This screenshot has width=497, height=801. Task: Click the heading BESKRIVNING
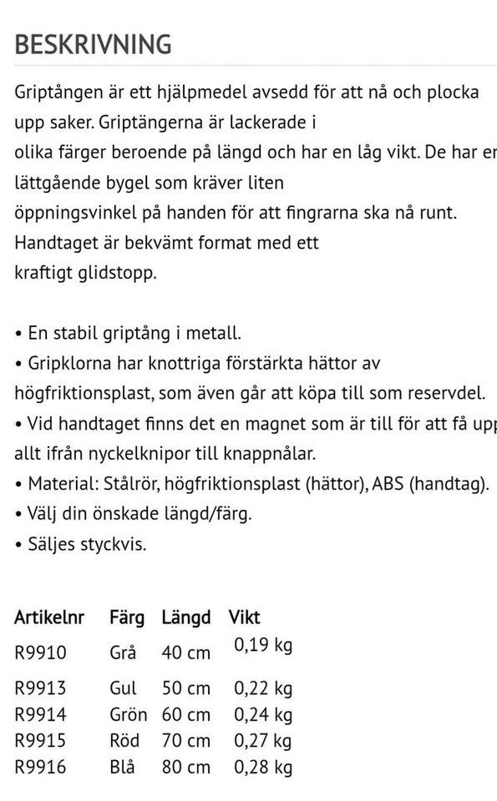pos(93,43)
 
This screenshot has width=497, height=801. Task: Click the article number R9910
pos(40,652)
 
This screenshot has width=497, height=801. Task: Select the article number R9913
pos(40,689)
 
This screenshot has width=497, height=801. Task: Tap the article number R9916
pos(40,766)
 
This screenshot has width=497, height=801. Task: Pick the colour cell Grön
pos(128,715)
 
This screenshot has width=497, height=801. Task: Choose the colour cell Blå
pos(123,766)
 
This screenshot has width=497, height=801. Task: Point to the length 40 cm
pos(185,652)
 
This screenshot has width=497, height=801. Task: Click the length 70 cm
pos(185,741)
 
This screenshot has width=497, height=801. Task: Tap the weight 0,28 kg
pos(263,766)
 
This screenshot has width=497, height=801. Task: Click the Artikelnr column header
pos(49,618)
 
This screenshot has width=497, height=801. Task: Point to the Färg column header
pos(127,618)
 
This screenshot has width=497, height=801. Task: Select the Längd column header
pos(185,618)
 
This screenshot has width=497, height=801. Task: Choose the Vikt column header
pos(245,618)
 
